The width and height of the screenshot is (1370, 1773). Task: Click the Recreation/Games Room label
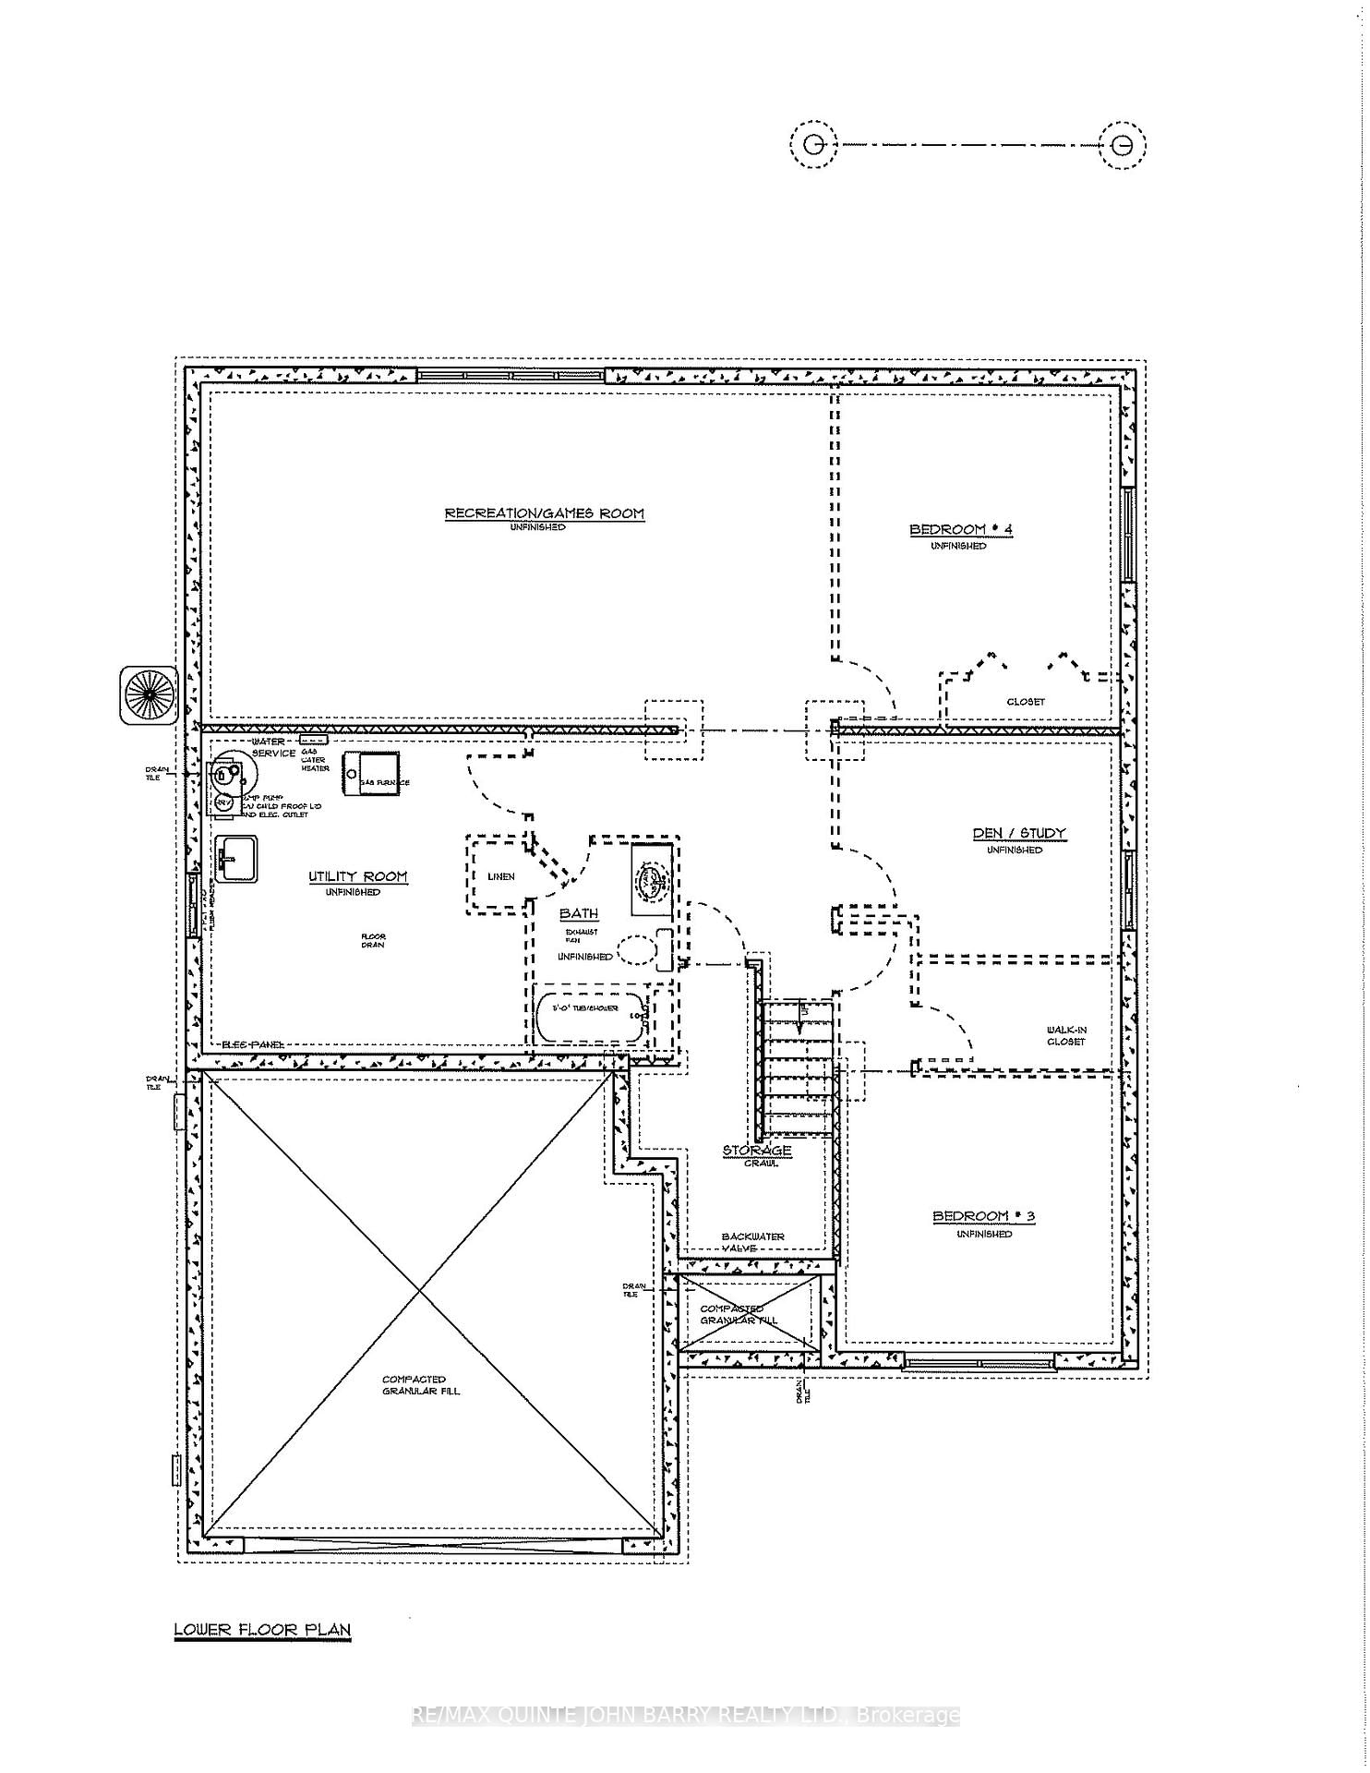545,513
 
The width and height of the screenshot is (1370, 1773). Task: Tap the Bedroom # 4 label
961,529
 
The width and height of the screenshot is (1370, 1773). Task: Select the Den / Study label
1019,833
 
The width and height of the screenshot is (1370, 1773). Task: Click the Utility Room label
357,876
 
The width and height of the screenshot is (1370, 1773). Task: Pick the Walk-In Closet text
1065,1035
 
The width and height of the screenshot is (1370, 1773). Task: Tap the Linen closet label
500,876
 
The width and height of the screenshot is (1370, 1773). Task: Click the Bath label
579,913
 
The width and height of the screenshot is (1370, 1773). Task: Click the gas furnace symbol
370,773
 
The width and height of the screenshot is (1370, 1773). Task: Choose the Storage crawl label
757,1151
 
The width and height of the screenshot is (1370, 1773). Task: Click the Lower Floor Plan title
263,1629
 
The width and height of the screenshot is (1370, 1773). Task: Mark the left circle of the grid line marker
813,145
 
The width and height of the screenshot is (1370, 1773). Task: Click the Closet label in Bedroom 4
1026,702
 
